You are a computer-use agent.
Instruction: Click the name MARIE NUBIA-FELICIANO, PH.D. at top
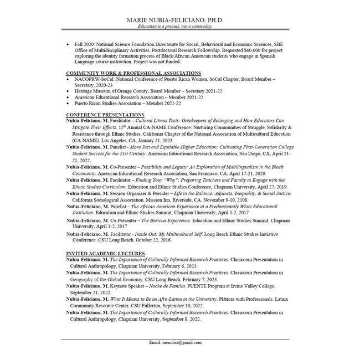point(176,19)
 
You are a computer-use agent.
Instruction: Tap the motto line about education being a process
point(176,26)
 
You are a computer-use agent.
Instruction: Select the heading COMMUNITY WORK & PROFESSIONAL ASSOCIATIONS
point(133,73)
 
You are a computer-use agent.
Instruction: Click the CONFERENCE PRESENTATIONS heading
point(105,114)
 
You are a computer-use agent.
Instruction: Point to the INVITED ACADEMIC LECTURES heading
point(105,253)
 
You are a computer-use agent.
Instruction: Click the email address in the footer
point(176,342)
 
